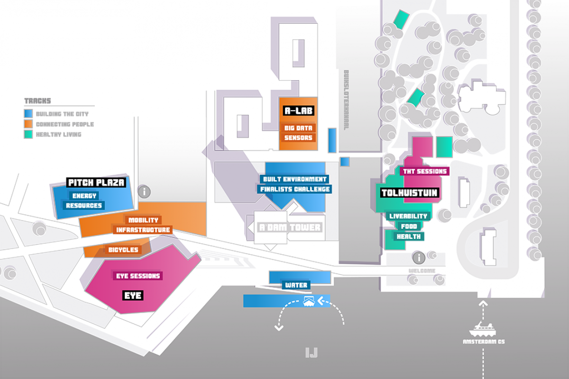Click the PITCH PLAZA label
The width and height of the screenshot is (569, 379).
(96, 183)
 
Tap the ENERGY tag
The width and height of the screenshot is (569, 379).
(84, 195)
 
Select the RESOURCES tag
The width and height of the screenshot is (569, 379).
(84, 205)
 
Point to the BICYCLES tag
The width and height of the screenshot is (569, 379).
(123, 250)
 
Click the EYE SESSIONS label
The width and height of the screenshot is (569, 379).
(138, 276)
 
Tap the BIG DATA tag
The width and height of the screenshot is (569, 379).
(298, 128)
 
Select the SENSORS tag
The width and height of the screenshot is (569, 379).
(298, 138)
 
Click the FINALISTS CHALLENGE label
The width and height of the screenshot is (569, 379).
(294, 189)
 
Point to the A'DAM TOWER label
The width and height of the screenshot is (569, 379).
(290, 227)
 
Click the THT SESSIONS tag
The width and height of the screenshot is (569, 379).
(424, 171)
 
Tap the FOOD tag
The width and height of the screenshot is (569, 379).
(409, 226)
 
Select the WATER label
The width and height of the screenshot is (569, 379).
(296, 285)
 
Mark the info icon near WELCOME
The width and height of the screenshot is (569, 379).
(418, 258)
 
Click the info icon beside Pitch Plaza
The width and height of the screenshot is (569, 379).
(144, 192)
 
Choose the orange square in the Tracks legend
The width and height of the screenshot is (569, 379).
(28, 124)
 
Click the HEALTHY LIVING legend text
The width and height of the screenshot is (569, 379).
(59, 134)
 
